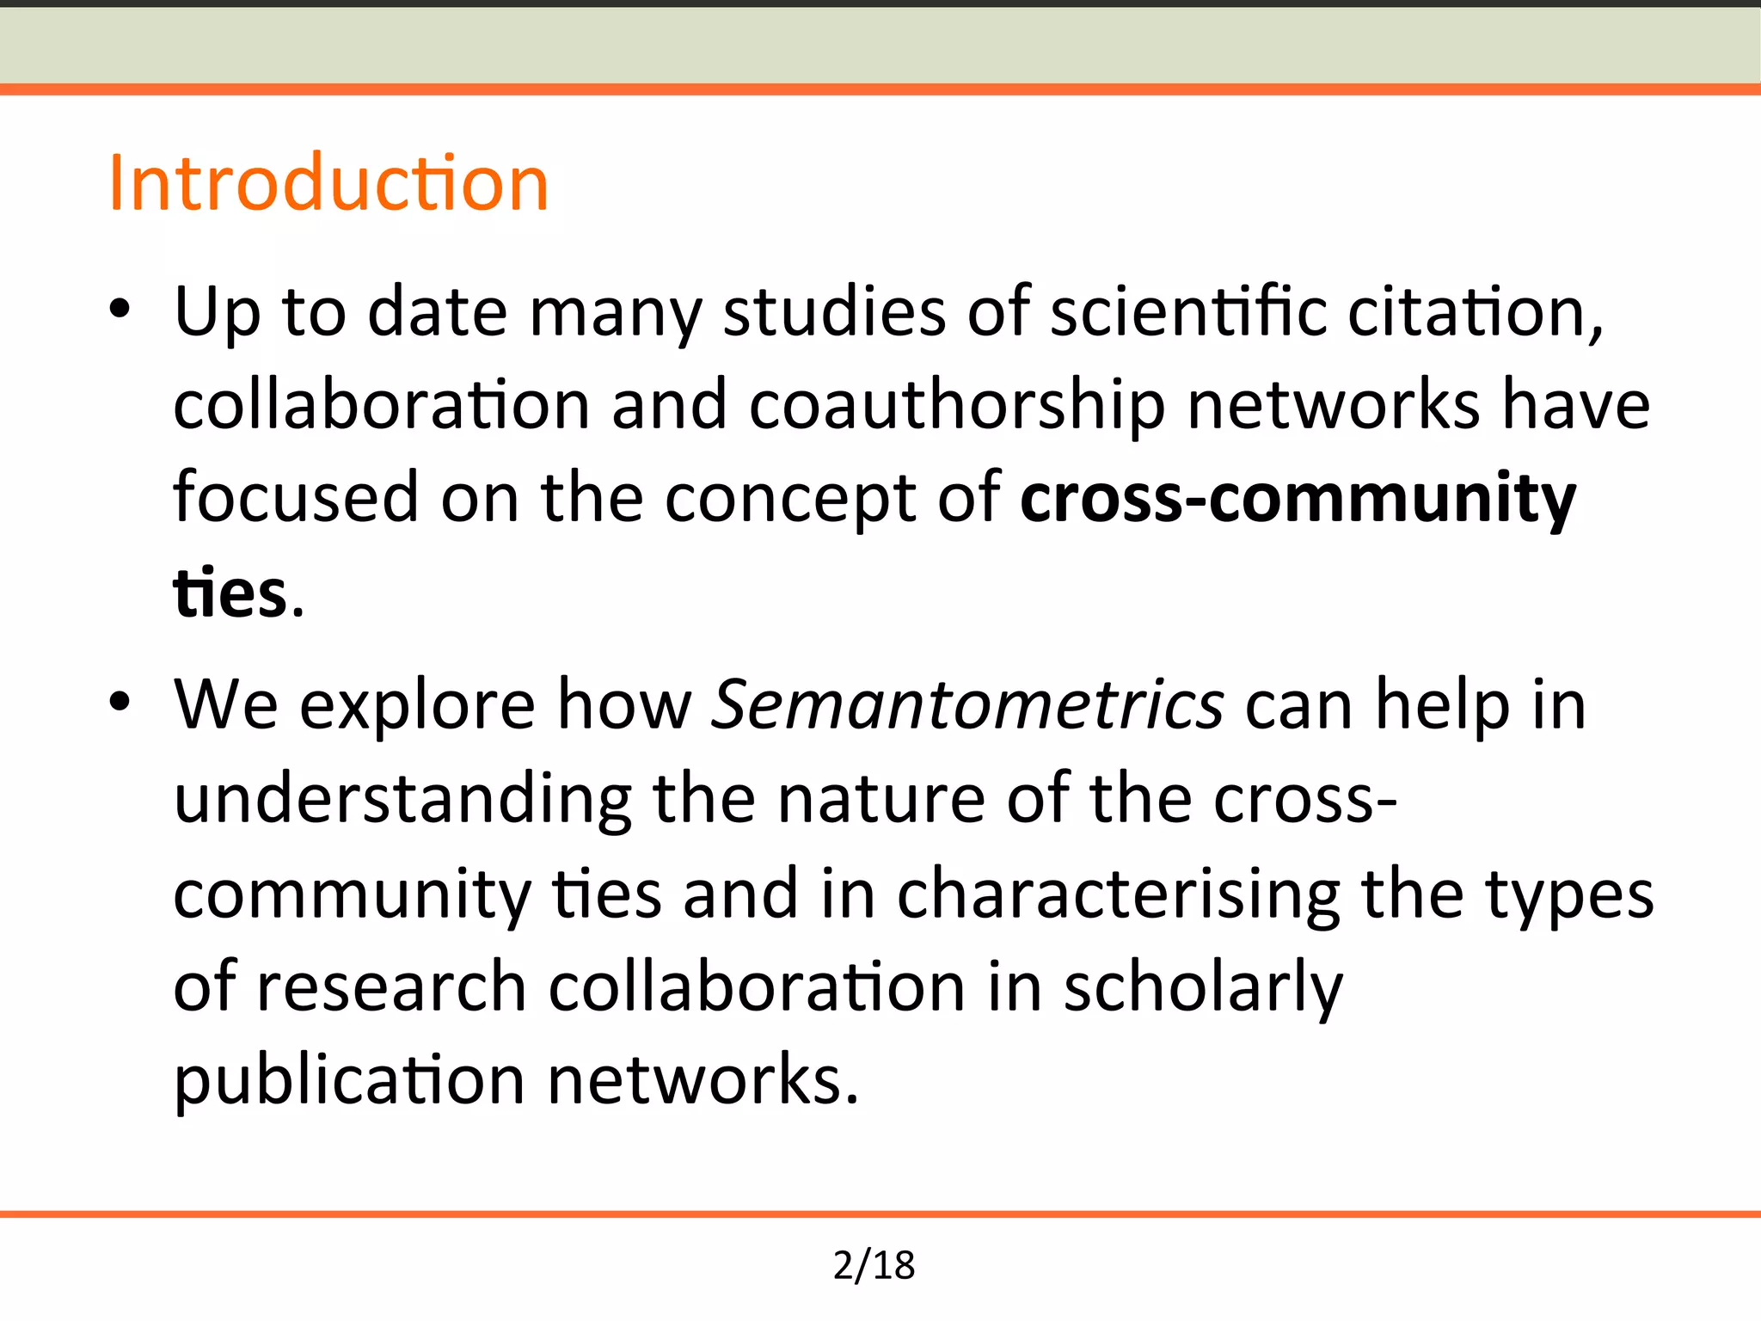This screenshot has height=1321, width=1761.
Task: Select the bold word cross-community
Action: pos(1298,499)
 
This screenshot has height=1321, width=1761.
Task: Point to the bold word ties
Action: pos(230,593)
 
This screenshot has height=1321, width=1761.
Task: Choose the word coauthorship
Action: pos(957,406)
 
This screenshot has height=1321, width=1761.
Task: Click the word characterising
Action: pos(1119,894)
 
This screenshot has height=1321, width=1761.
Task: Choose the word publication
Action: pos(349,1082)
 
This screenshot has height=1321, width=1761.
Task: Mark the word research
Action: pos(391,987)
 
